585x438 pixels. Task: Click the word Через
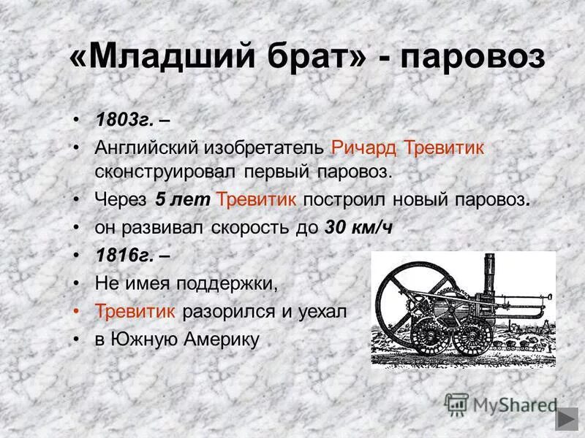pos(121,199)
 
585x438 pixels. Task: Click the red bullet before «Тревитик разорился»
pos(78,311)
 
